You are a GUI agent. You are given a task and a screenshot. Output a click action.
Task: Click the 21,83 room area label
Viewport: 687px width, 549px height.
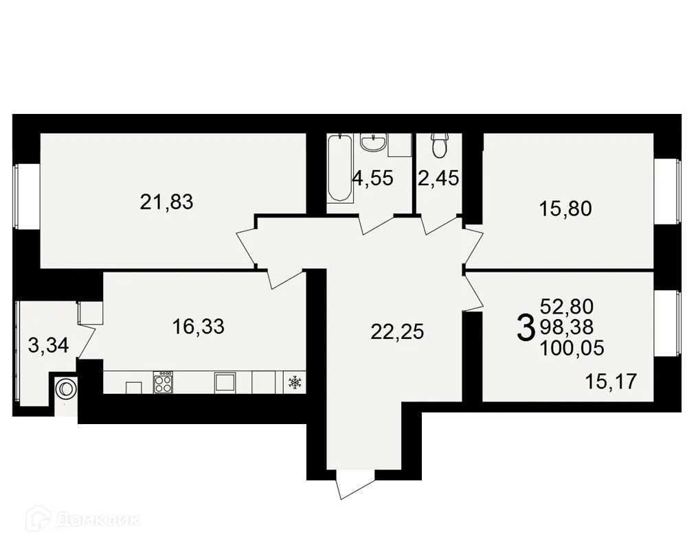(x=167, y=202)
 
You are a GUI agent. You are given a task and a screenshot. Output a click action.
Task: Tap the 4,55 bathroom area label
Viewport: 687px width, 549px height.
(x=372, y=179)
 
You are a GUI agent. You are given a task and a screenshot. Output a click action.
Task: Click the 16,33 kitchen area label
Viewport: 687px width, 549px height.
(x=199, y=327)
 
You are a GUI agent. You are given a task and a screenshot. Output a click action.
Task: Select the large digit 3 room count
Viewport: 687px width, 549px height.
(x=525, y=327)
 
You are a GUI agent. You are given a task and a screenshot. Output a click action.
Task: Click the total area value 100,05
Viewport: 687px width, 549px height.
(x=572, y=349)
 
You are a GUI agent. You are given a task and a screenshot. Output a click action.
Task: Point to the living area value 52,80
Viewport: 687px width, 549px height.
(x=567, y=306)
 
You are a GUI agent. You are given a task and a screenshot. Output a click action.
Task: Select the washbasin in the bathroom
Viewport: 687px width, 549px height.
(x=373, y=143)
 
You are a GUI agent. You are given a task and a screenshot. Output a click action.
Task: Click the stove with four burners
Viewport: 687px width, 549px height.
(x=164, y=382)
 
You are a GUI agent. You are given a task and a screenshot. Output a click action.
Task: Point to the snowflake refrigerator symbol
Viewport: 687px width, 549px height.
(x=294, y=382)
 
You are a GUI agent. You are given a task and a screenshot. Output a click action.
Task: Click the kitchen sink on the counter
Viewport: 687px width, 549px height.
(x=225, y=382)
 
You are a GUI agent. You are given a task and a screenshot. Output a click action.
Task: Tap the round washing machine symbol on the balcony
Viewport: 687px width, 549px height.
(x=65, y=388)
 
